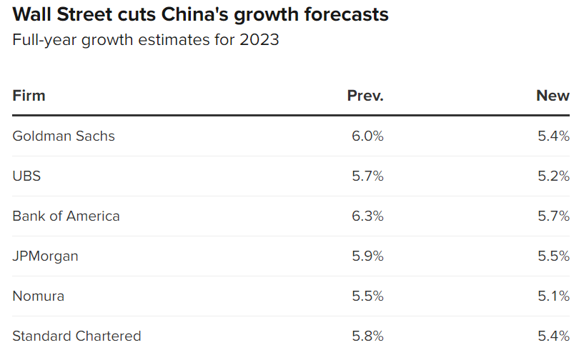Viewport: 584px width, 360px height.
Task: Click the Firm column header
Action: [x=29, y=96]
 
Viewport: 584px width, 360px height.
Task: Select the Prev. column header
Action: [x=365, y=96]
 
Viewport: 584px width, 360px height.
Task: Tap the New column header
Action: [x=553, y=96]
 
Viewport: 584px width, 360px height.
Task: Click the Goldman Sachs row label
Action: [x=64, y=136]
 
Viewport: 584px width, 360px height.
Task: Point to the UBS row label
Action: [x=26, y=176]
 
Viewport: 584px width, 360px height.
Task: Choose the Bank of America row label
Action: [x=66, y=216]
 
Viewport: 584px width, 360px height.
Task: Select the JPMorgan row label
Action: [x=45, y=256]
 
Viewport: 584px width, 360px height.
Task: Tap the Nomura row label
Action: [x=38, y=296]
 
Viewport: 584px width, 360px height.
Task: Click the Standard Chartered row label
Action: [x=76, y=336]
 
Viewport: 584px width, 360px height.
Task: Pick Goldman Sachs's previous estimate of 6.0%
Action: [x=367, y=136]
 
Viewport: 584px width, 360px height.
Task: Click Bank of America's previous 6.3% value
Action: [x=367, y=216]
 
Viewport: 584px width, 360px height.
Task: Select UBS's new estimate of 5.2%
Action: [x=553, y=176]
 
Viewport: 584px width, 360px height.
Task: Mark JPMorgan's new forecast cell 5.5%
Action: [x=553, y=256]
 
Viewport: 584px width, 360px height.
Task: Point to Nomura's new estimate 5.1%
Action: [x=553, y=296]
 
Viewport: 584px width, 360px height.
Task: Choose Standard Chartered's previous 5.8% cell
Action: [x=367, y=336]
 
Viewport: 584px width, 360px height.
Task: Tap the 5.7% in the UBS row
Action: [x=367, y=176]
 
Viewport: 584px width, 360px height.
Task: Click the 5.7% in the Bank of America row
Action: [x=553, y=216]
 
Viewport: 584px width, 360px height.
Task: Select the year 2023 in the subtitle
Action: [x=259, y=40]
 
